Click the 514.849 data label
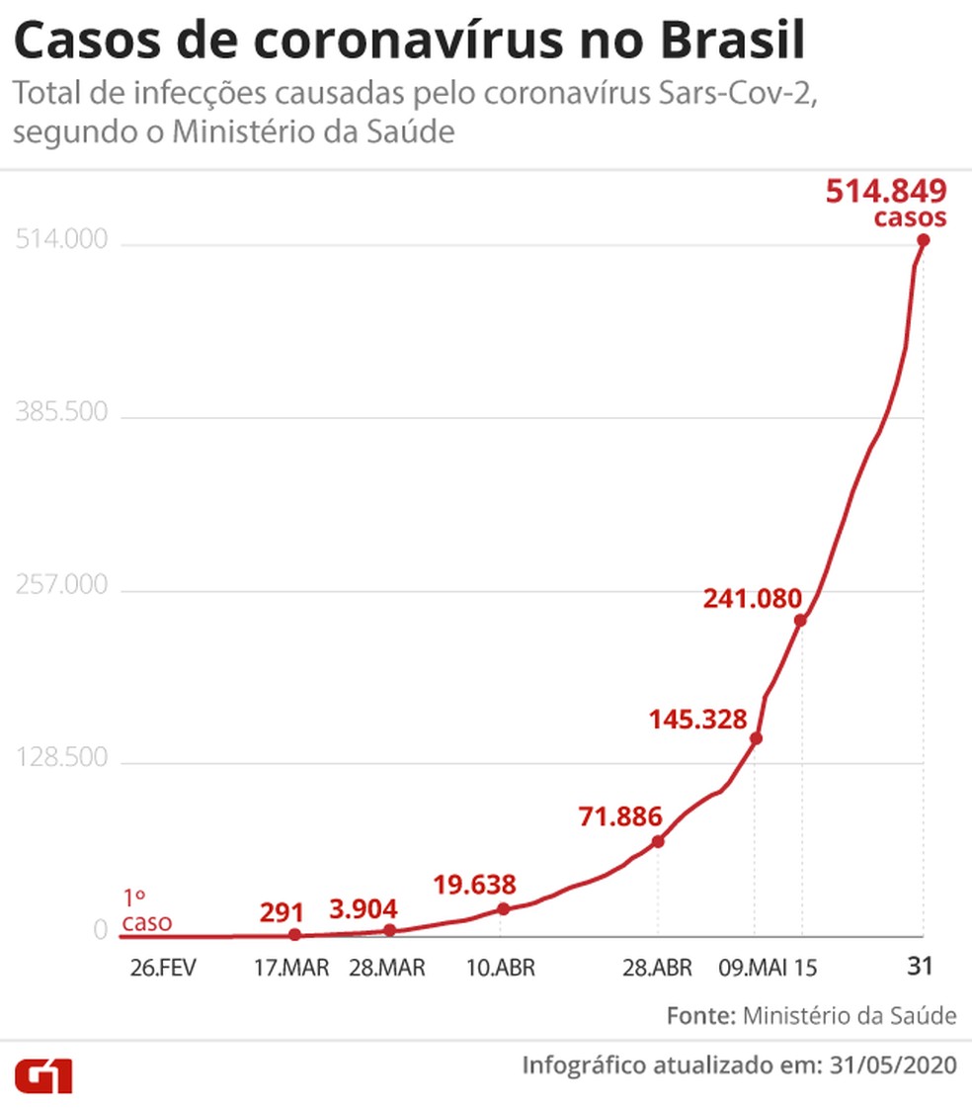(886, 191)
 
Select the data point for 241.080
(800, 620)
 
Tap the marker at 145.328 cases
(756, 738)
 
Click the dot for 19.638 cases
(503, 908)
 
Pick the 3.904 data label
(364, 907)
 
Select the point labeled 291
(294, 934)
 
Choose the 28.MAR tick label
(387, 968)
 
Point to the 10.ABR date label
(501, 968)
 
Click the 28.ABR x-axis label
(657, 968)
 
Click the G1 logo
(42, 1074)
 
